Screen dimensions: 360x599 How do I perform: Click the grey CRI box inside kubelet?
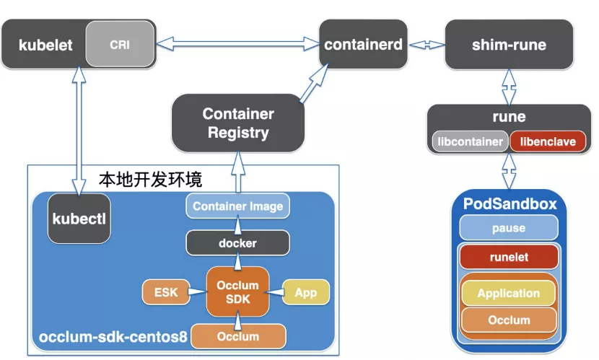point(120,45)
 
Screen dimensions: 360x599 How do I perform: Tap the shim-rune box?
point(509,45)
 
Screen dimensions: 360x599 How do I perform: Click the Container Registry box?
point(237,123)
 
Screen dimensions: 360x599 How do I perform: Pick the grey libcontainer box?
point(470,142)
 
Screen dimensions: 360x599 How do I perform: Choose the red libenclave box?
point(547,142)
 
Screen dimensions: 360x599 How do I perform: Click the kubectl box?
point(79,218)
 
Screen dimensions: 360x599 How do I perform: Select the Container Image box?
point(237,206)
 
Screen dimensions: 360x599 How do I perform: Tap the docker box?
point(237,243)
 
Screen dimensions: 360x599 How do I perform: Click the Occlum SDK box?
point(237,292)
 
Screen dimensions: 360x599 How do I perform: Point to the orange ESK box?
point(166,292)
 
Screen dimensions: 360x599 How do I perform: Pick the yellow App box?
point(305,293)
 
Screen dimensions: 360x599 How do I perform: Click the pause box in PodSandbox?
point(509,228)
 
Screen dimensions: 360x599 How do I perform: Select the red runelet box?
point(509,256)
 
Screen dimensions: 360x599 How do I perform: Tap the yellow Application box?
point(509,294)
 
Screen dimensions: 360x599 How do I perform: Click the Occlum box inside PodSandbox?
point(509,320)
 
